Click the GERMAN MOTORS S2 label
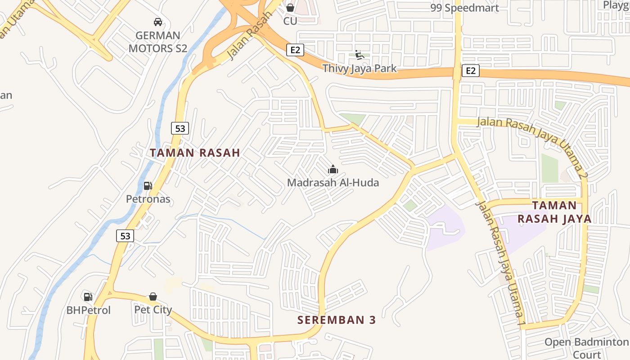pyautogui.click(x=157, y=42)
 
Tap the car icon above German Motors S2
pyautogui.click(x=157, y=22)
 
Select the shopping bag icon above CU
pyautogui.click(x=290, y=8)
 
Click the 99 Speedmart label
pyautogui.click(x=464, y=8)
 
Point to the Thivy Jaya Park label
pyautogui.click(x=360, y=68)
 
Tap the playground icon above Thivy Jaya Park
pyautogui.click(x=359, y=54)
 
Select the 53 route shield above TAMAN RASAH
pyautogui.click(x=180, y=128)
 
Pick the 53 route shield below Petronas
pyautogui.click(x=125, y=235)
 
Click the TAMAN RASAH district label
pyautogui.click(x=195, y=153)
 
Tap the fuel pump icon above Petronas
pyautogui.click(x=148, y=185)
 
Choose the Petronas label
pyautogui.click(x=148, y=199)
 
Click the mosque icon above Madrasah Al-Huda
pyautogui.click(x=333, y=169)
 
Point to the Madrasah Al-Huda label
pyautogui.click(x=333, y=183)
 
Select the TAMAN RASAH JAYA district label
pyautogui.click(x=554, y=212)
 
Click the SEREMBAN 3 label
pyautogui.click(x=336, y=320)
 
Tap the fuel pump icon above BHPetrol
pyautogui.click(x=88, y=297)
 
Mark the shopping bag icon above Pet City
pyautogui.click(x=153, y=297)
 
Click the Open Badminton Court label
pyautogui.click(x=586, y=348)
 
